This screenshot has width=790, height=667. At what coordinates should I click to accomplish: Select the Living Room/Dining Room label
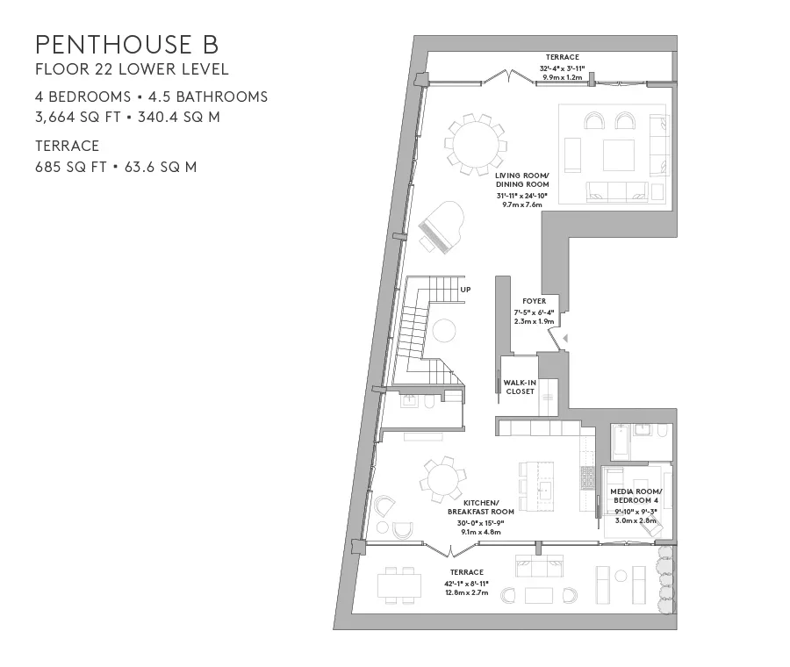(521, 181)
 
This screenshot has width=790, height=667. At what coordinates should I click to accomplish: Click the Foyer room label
(534, 301)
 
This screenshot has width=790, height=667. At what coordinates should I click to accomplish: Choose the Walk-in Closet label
(520, 387)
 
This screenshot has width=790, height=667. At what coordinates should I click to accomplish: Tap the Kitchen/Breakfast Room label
(480, 507)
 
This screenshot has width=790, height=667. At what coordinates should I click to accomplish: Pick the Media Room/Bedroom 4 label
(636, 496)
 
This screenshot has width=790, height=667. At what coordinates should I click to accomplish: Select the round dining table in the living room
(475, 143)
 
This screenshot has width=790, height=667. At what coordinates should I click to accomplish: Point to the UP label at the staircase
(465, 288)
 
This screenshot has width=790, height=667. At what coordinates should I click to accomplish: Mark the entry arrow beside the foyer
(566, 338)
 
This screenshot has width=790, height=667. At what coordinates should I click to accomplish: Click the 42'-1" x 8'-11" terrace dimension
(467, 583)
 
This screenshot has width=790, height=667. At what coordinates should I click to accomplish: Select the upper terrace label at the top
(563, 58)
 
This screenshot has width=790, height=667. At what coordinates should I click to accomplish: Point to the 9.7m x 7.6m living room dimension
(521, 204)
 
